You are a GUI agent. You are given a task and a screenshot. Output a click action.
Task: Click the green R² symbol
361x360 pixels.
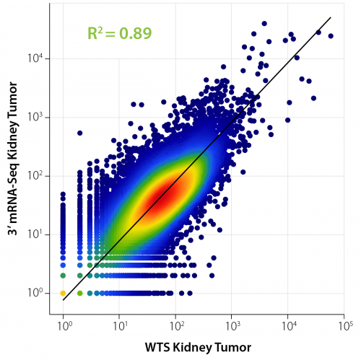pyautogui.click(x=95, y=33)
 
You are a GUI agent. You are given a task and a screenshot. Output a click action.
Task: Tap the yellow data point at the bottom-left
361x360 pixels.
pyautogui.click(x=64, y=293)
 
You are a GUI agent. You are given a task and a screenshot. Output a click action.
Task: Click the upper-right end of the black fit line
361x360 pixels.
pyautogui.click(x=331, y=17)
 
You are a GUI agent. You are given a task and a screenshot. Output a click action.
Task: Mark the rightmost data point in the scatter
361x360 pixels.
pyautogui.click(x=331, y=35)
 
